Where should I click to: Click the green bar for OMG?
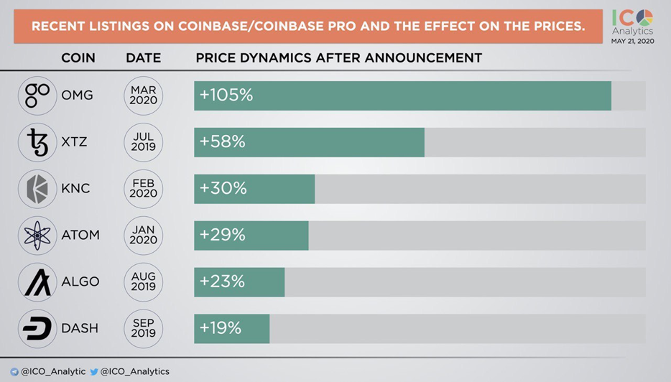(402, 95)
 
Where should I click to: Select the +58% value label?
(223, 142)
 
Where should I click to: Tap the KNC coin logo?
(37, 189)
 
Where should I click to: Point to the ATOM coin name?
(80, 235)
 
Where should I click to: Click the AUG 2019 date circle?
(143, 282)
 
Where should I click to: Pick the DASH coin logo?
(37, 329)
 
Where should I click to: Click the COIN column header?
(78, 57)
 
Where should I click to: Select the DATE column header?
(143, 57)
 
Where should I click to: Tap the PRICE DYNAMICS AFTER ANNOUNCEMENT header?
(338, 57)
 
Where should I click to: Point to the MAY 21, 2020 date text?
(632, 42)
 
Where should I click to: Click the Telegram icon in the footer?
(14, 372)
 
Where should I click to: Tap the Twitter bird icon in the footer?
(93, 372)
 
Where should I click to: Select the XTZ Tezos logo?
(37, 142)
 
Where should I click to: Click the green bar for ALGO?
(239, 282)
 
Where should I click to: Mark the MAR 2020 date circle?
(143, 95)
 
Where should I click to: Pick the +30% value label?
(223, 188)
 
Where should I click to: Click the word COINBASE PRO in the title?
(322, 26)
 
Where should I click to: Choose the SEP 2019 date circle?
(143, 329)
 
